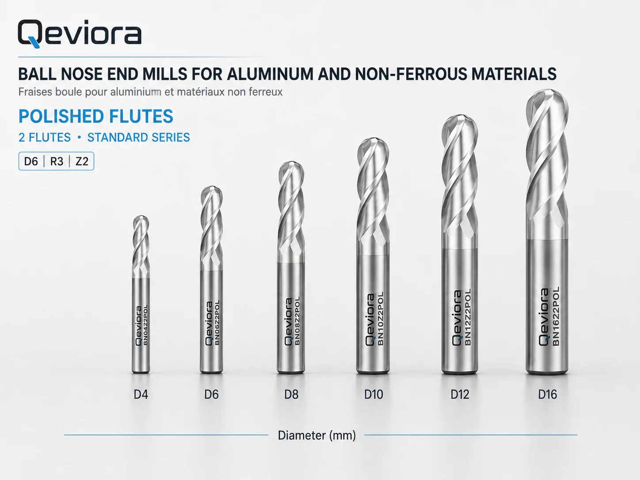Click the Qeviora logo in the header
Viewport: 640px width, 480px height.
80,34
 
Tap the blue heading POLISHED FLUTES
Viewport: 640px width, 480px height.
95,116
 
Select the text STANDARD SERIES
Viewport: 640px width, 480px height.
138,137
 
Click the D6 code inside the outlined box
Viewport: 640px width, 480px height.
31,161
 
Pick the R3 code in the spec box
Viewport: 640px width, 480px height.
57,161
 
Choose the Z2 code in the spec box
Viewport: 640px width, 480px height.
82,161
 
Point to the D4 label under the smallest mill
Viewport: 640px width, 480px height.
141,394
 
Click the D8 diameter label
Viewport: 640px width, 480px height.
291,394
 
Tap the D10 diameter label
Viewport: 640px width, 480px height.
373,394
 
